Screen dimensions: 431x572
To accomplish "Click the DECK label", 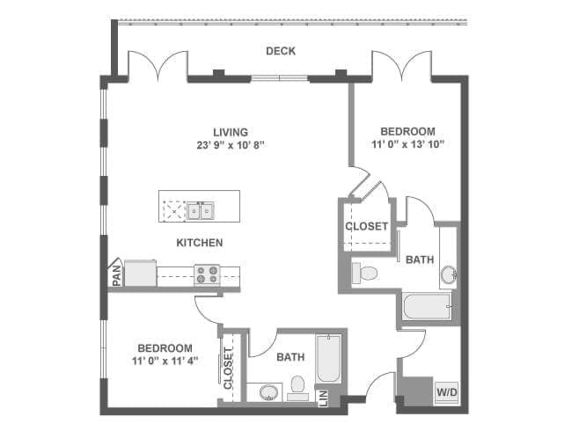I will [281, 51].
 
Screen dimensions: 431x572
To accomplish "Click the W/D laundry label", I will [446, 391].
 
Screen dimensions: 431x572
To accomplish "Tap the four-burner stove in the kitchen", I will [207, 274].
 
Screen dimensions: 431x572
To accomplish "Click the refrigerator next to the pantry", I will [140, 273].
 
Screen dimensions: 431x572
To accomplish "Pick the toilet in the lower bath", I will [297, 386].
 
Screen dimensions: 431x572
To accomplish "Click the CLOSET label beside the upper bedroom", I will [366, 226].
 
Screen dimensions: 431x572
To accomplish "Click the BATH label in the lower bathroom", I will [290, 358].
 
